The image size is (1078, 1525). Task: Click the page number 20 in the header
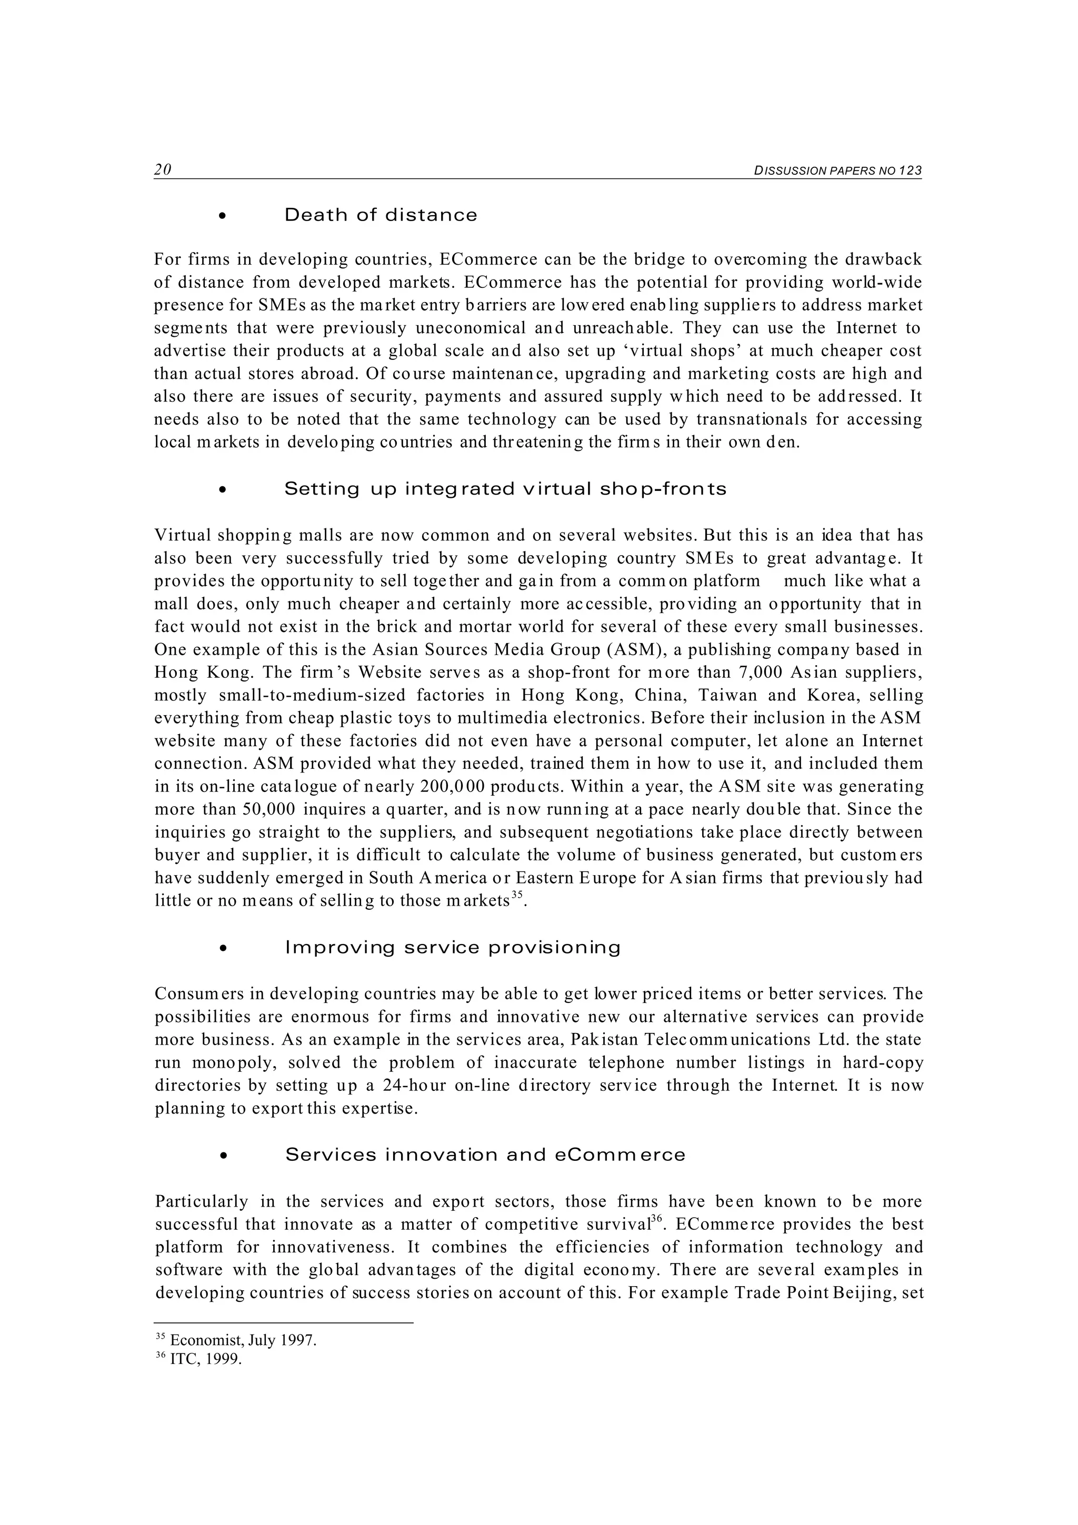(x=163, y=169)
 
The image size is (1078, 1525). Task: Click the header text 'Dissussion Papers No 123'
(x=837, y=170)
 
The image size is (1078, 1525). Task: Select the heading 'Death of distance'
(x=381, y=215)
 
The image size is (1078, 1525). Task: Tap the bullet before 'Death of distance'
(x=223, y=216)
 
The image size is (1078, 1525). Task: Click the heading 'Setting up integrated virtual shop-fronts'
(x=505, y=489)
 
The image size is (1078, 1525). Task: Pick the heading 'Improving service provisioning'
(x=453, y=948)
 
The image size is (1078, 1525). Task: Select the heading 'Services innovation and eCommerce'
(x=485, y=1155)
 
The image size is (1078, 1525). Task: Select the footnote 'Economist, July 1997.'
(x=243, y=1340)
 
